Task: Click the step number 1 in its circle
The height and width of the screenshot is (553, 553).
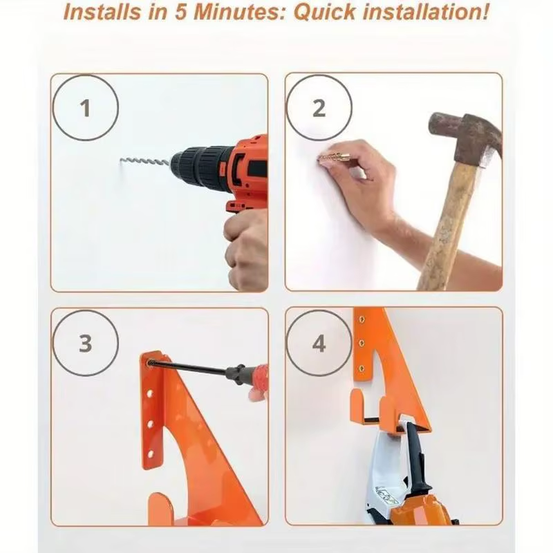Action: click(x=85, y=108)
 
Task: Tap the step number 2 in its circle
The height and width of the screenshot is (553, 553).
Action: click(x=319, y=108)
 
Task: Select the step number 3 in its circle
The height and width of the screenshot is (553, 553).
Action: click(x=85, y=343)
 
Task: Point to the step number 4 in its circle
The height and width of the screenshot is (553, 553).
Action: click(x=319, y=343)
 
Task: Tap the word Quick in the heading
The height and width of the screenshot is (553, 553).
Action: click(x=324, y=12)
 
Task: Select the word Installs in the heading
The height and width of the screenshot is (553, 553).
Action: click(x=102, y=12)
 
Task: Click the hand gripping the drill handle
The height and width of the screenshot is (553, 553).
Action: click(x=246, y=250)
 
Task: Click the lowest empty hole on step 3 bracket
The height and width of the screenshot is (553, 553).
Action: click(x=151, y=454)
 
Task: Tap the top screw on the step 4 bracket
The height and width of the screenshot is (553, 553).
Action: click(x=362, y=319)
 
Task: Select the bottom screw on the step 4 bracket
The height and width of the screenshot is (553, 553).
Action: click(x=362, y=369)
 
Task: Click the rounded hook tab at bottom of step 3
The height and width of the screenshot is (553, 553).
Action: click(x=160, y=509)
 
